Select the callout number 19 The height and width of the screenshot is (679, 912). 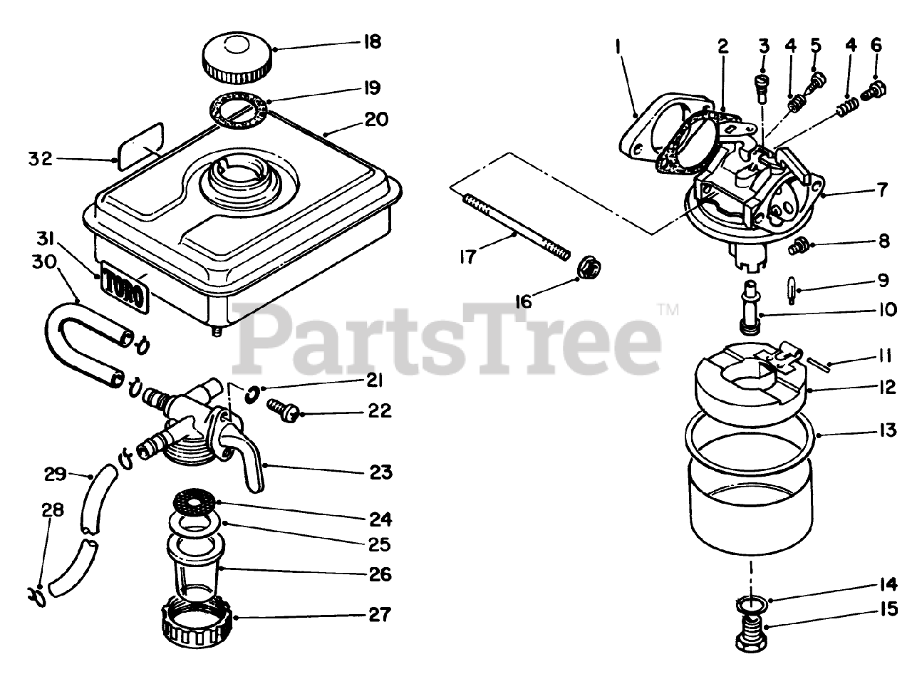371,88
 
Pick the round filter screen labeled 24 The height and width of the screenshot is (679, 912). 195,502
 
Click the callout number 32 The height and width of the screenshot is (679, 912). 41,158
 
